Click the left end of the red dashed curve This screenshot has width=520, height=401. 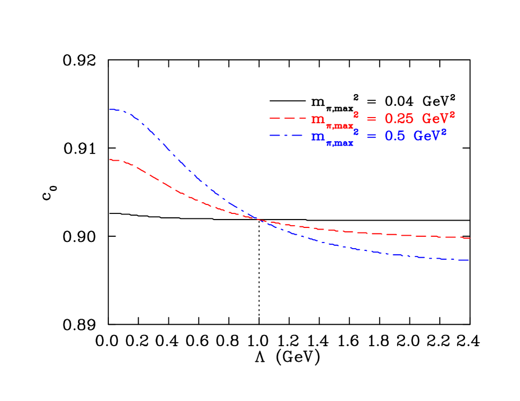tap(111, 160)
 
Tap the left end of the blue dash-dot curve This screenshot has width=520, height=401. tap(111, 109)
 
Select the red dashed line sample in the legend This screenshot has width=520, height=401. tap(288, 119)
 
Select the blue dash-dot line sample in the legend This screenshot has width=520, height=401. tap(288, 136)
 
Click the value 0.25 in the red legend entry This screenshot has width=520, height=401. tap(398, 119)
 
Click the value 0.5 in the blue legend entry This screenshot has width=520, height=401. tap(394, 136)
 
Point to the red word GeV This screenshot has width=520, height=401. tap(435, 119)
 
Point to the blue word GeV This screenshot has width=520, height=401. tap(426, 136)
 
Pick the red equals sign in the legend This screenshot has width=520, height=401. tap(371, 119)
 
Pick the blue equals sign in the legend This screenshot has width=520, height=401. tap(371, 137)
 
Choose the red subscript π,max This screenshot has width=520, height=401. tap(339, 125)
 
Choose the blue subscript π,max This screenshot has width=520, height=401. tap(339, 143)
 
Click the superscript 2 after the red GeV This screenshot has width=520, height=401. tap(452, 114)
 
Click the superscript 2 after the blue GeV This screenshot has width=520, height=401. tap(444, 132)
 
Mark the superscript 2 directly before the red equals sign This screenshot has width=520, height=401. tap(356, 114)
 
